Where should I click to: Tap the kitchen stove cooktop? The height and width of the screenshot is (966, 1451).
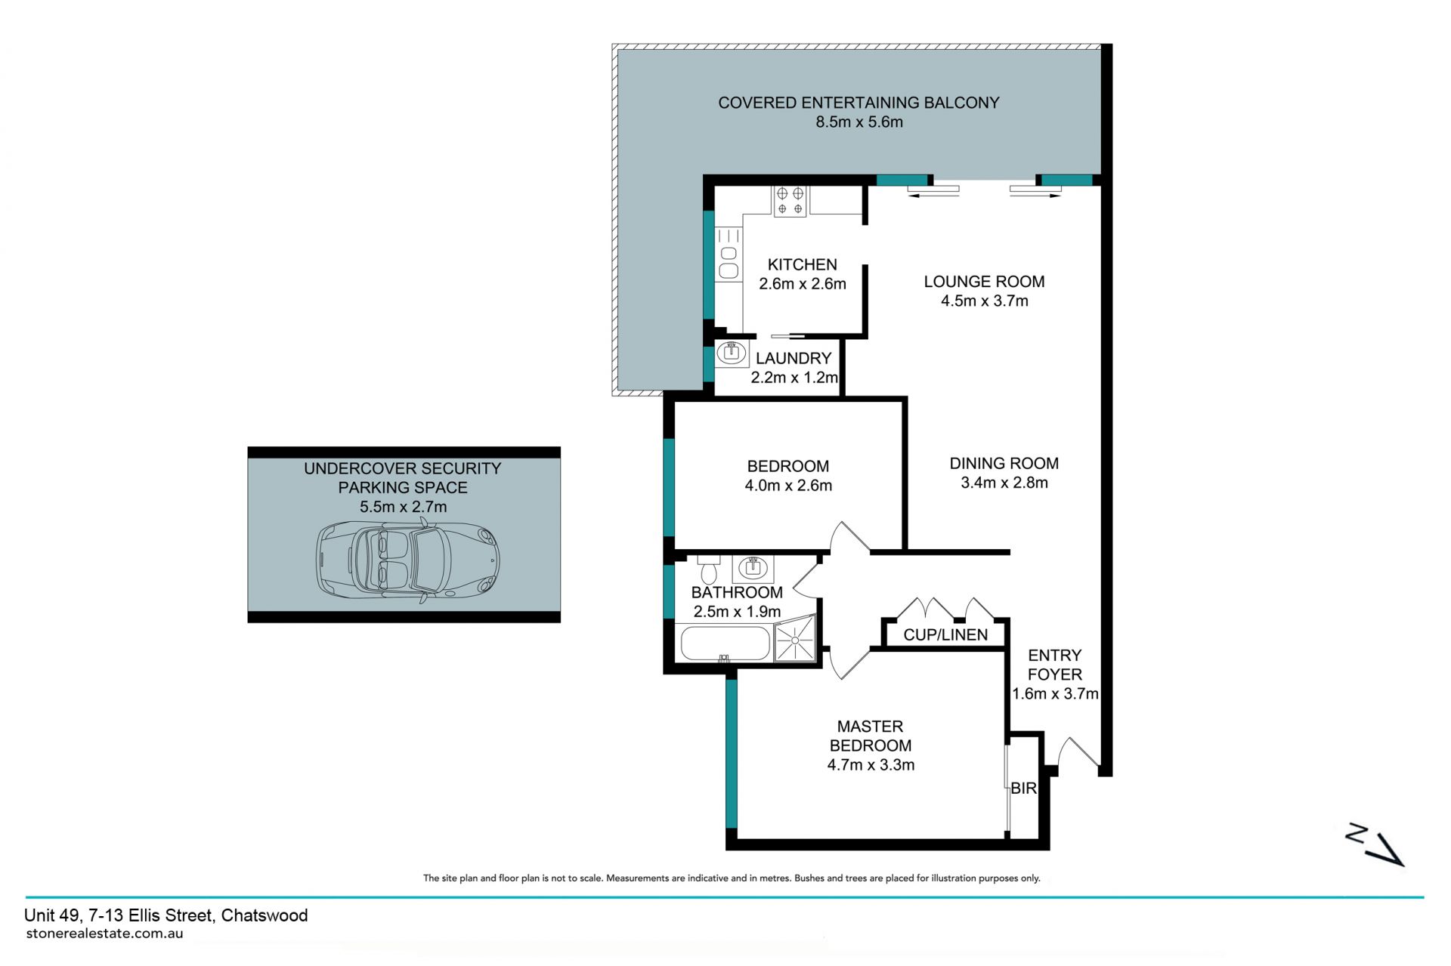(790, 200)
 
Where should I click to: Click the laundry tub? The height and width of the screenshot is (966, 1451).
(732, 353)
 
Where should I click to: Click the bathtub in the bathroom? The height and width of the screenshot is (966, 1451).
(725, 643)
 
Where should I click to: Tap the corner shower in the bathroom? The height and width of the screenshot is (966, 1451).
(796, 640)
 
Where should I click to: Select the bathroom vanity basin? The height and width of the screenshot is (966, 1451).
(753, 568)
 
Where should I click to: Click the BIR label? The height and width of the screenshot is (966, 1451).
(1023, 788)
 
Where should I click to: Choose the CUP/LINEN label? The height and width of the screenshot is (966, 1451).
(945, 634)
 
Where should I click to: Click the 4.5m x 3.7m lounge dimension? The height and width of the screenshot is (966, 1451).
(984, 301)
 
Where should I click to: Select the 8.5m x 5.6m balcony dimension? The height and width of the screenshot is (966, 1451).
(859, 122)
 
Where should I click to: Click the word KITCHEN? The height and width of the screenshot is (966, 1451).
(803, 264)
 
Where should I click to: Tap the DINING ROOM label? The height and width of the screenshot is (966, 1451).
(1004, 463)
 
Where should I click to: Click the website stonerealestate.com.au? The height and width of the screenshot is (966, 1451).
(104, 934)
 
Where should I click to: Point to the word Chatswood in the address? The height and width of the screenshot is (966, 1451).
(265, 915)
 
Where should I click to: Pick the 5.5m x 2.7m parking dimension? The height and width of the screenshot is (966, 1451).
(403, 507)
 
